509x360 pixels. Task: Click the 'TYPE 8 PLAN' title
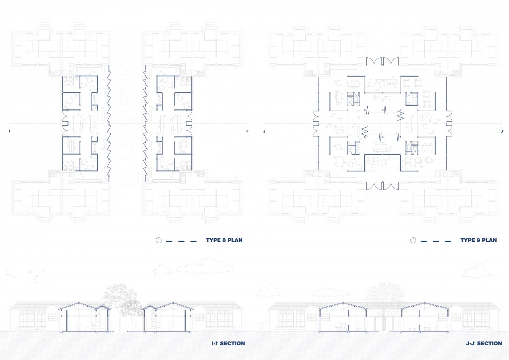[x=224, y=240]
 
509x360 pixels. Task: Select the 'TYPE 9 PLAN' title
[x=478, y=240]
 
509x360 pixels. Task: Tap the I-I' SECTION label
[x=228, y=343]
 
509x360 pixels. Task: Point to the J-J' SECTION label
[x=484, y=343]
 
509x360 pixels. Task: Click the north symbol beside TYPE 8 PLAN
[x=159, y=240]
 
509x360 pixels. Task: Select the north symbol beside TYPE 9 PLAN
[x=413, y=240]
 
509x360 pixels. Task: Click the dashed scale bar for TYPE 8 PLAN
[x=181, y=241]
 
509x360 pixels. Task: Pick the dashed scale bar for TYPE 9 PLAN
[x=436, y=241]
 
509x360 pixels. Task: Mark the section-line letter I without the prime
[x=9, y=131]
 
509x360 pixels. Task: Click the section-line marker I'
[x=247, y=131]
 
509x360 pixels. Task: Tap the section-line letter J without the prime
[x=264, y=131]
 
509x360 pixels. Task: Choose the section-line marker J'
[x=502, y=131]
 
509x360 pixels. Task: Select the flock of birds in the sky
[x=25, y=275]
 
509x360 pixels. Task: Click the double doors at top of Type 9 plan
[x=383, y=62]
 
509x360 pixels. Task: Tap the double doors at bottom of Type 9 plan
[x=383, y=186]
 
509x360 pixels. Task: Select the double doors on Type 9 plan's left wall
[x=316, y=124]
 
